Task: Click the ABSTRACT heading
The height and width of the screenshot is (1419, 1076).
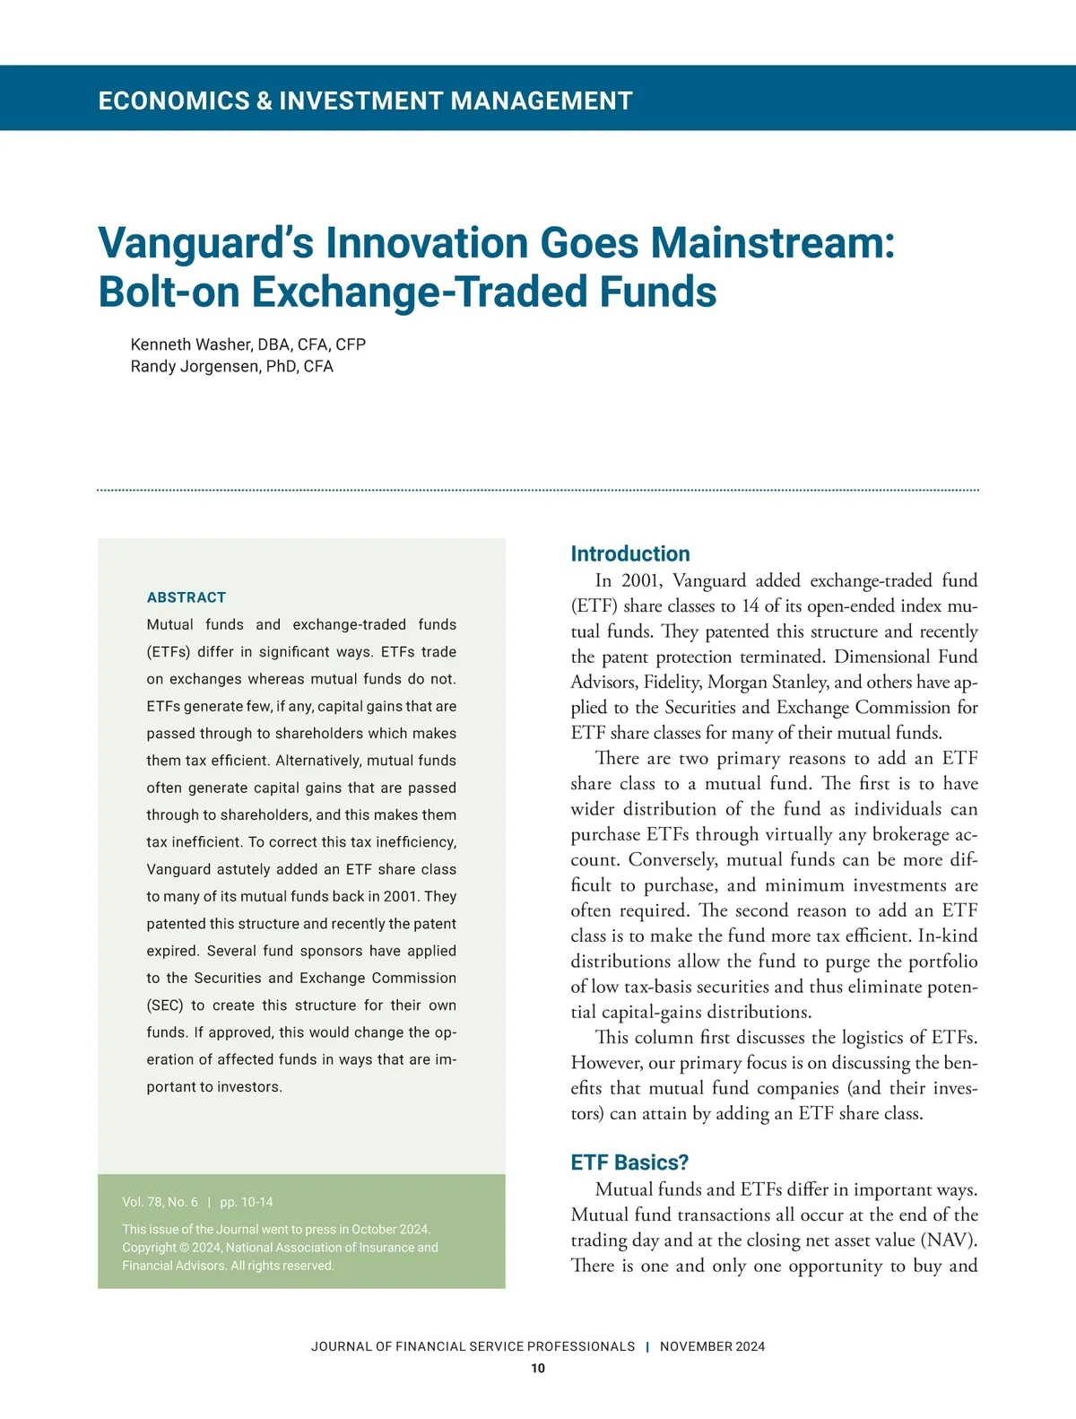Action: pos(187,597)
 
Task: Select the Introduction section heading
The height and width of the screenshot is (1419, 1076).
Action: pos(630,553)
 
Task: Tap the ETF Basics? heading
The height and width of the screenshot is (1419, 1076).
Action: pos(629,1162)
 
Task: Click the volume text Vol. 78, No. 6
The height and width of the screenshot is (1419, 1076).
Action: pos(160,1202)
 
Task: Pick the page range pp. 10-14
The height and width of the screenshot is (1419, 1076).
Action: pos(247,1202)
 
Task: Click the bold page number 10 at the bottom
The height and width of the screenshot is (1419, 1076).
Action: pos(538,1368)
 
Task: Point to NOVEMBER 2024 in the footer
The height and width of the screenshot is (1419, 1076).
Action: pos(713,1346)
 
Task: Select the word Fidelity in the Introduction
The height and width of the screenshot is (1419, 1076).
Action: pos(672,683)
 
